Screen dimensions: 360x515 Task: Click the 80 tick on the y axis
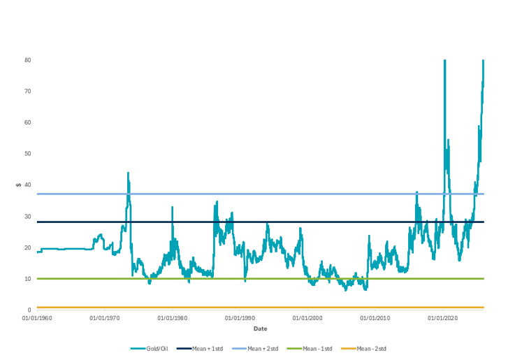[x=27, y=60]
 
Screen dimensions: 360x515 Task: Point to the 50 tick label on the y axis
[x=27, y=154]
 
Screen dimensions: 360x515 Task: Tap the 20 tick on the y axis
[x=27, y=247]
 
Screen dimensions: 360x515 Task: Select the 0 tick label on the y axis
[x=29, y=310]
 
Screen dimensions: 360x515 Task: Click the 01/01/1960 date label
[x=36, y=318]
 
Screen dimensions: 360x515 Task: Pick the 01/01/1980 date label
[x=172, y=318]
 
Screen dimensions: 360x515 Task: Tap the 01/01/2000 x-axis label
[x=307, y=318]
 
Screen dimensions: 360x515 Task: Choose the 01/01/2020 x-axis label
[x=443, y=318]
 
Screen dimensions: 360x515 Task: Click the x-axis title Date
[x=260, y=329]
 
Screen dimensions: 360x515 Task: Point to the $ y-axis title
[x=19, y=185]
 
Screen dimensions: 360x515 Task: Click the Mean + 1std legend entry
[x=201, y=348]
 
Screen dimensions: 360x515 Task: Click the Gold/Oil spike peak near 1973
[x=128, y=173]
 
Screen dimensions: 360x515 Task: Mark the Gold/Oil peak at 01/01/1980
[x=172, y=207]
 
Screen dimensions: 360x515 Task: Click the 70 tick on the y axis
[x=27, y=92]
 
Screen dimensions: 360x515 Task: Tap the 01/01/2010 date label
[x=375, y=318]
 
